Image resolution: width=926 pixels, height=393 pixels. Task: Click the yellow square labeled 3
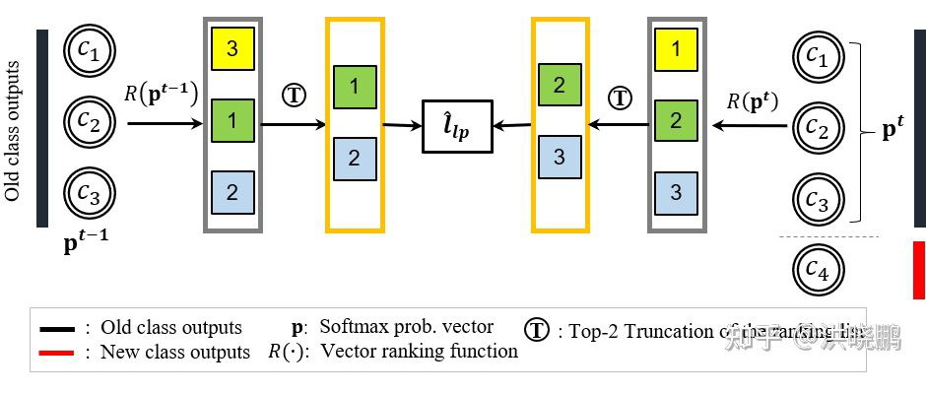(x=232, y=49)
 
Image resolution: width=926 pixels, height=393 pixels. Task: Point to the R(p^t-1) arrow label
(x=162, y=95)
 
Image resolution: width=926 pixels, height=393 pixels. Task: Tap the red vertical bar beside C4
(x=918, y=269)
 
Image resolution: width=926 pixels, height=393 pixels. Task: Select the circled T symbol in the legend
(x=536, y=329)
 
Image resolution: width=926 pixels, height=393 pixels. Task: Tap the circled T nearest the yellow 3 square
(x=294, y=95)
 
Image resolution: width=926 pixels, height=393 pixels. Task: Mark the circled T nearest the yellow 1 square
(x=620, y=98)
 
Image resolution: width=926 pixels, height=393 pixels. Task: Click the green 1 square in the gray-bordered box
(x=232, y=121)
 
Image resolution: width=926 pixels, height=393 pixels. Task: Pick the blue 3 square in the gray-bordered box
(x=676, y=192)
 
